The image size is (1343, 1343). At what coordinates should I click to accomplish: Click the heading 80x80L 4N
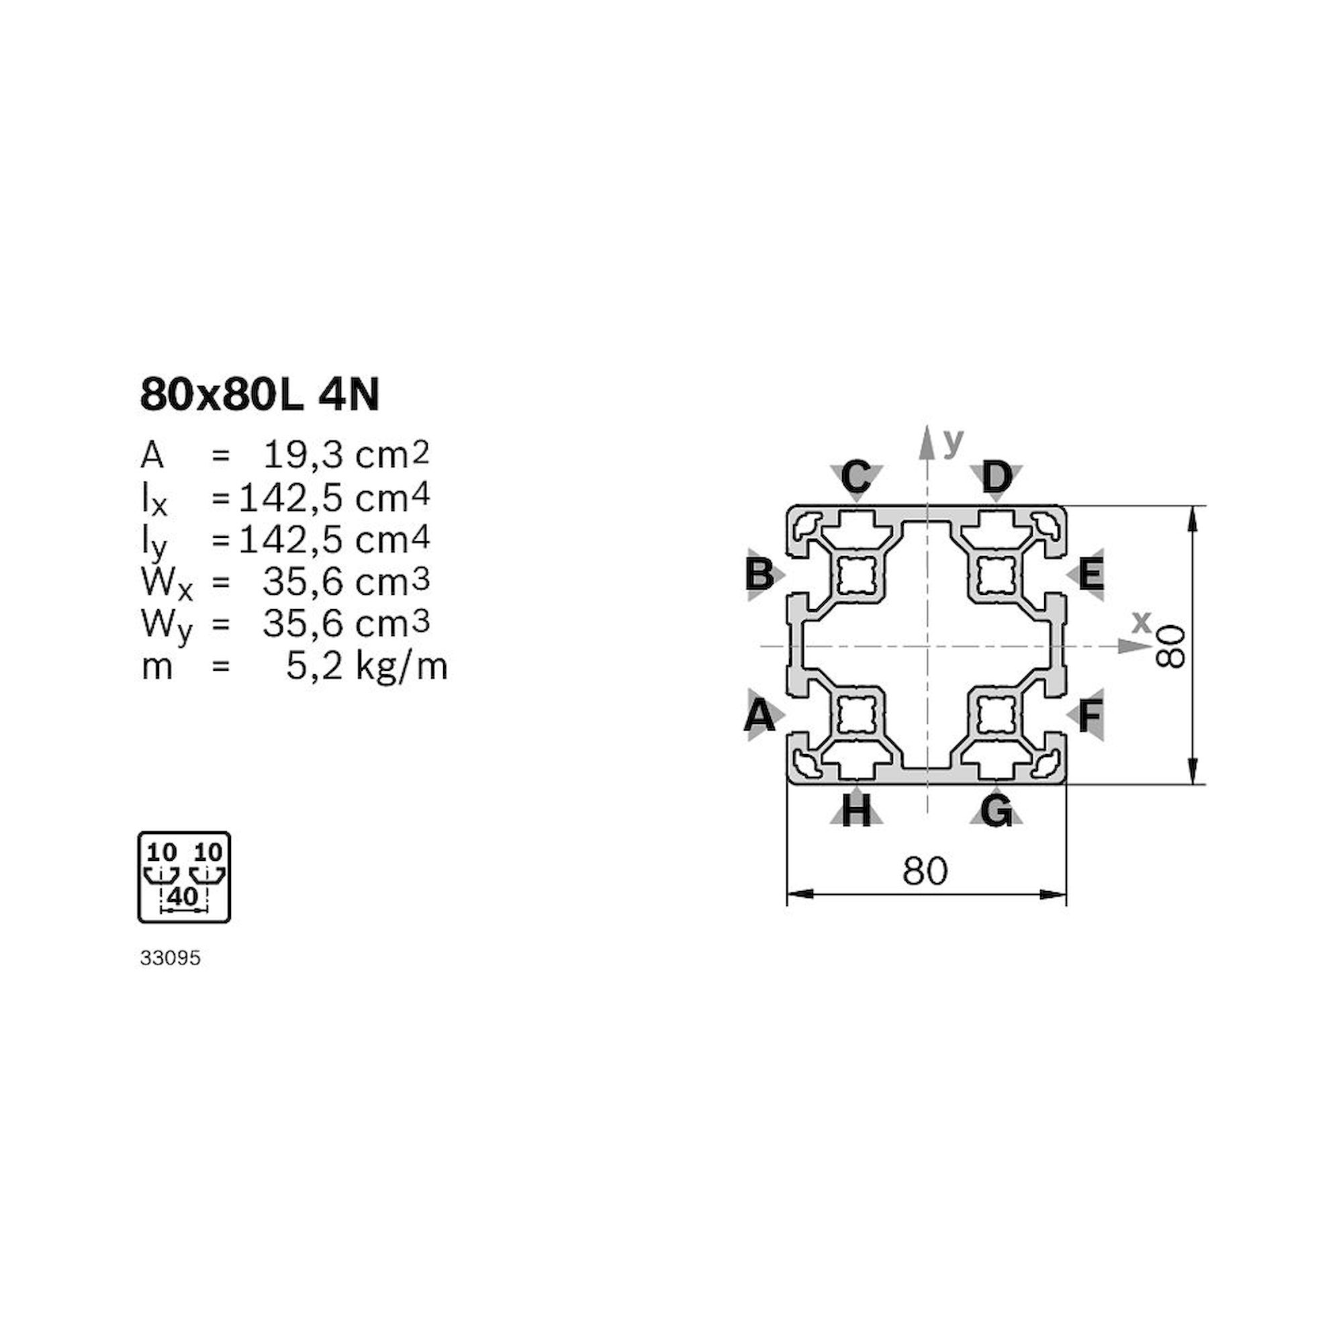260,396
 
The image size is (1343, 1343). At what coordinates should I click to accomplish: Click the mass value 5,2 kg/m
367,667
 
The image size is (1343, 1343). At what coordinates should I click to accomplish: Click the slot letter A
759,715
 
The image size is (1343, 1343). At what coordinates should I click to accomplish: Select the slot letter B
759,575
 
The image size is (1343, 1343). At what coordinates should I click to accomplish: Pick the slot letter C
855,477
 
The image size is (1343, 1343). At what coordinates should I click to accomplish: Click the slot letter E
1091,575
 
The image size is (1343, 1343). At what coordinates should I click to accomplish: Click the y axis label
954,441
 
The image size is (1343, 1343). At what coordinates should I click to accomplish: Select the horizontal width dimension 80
925,870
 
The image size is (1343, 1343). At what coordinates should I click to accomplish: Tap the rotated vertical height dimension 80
1172,646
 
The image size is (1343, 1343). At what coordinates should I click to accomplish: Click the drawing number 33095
171,959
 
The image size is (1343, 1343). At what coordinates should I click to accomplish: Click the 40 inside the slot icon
183,896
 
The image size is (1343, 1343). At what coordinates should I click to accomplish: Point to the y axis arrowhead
926,442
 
